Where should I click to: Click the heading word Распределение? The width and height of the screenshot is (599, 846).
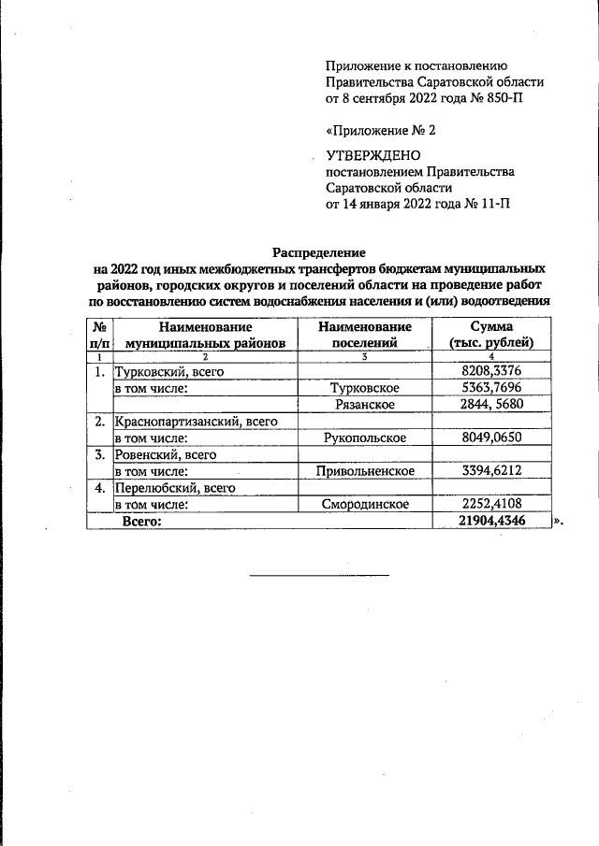[x=319, y=251]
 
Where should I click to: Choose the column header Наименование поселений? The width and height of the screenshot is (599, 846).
[x=364, y=335]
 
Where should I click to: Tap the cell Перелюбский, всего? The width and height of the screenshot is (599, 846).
[x=173, y=487]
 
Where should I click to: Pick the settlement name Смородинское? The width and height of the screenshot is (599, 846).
[x=364, y=504]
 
